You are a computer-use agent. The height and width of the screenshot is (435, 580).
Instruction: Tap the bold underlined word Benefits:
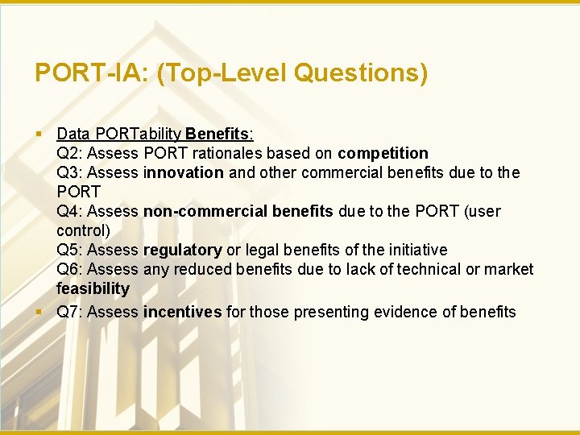click(x=219, y=134)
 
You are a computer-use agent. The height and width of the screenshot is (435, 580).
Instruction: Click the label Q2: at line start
click(x=69, y=153)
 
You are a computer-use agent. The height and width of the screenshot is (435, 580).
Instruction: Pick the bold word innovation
click(x=184, y=172)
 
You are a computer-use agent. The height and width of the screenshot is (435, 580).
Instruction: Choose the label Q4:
click(x=69, y=211)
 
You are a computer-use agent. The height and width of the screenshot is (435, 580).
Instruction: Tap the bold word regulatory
click(x=182, y=250)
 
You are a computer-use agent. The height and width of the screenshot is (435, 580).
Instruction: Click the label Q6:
click(x=69, y=269)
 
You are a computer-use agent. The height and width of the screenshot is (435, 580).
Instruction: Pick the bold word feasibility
click(x=93, y=288)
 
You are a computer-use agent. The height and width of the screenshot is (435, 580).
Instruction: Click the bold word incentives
click(x=182, y=312)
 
